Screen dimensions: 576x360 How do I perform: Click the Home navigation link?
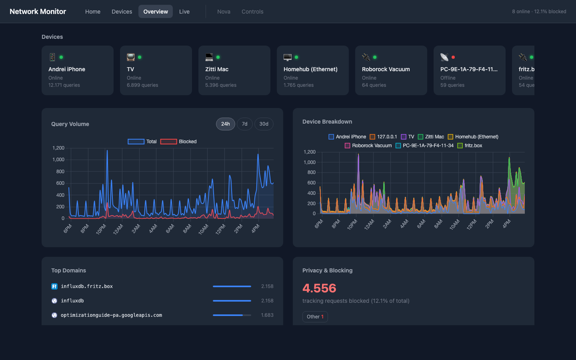click(92, 12)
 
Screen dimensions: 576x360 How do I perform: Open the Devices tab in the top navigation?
click(122, 12)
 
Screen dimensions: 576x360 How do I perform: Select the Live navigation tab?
click(184, 12)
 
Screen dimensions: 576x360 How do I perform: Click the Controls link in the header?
click(252, 12)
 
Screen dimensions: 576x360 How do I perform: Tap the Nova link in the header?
click(224, 12)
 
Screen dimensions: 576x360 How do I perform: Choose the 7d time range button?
click(244, 124)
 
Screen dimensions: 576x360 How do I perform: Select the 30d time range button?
click(264, 124)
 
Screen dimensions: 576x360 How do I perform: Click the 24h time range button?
click(226, 124)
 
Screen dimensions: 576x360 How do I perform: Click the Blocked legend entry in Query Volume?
click(178, 142)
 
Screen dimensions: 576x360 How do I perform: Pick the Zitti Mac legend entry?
click(431, 137)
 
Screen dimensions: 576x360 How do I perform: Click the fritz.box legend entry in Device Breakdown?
click(470, 146)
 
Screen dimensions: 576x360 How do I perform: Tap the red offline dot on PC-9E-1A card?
click(453, 57)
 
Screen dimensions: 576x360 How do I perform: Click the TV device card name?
click(130, 69)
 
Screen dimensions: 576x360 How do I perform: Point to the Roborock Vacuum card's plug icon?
click(366, 57)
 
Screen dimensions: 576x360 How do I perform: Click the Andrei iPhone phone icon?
click(52, 57)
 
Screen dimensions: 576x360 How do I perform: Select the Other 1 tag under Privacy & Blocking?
click(315, 316)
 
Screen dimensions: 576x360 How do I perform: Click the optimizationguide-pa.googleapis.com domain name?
click(111, 315)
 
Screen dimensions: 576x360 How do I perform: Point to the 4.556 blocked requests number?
click(319, 288)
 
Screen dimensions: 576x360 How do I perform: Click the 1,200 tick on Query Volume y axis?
click(58, 148)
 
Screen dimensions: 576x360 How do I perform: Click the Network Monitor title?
click(38, 12)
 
